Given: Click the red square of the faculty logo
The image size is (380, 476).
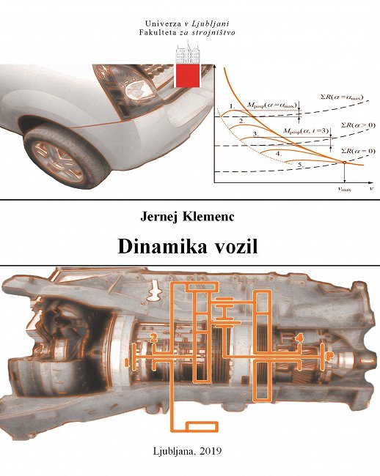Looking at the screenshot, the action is coord(188,75).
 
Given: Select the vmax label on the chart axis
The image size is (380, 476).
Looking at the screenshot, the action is coord(345,189).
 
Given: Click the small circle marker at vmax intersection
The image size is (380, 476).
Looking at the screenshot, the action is coord(344,163).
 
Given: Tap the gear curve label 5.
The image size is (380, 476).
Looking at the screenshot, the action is coord(300,165).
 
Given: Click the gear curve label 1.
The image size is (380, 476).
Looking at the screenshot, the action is coord(233,107).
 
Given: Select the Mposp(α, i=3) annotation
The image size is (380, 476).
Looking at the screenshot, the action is coord(306,131).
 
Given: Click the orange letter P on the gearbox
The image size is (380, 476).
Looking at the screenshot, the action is coord(329,356).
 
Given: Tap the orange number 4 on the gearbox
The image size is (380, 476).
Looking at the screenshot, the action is coord(300,338).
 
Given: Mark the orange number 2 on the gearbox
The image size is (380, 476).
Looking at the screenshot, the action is coord(155,337).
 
